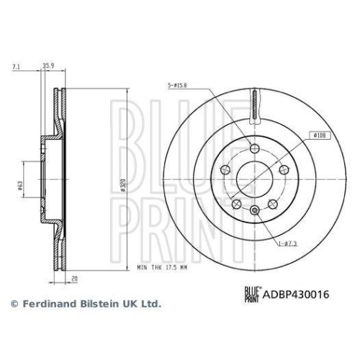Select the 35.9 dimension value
coord(50,66)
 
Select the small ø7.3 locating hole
coord(256,211)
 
